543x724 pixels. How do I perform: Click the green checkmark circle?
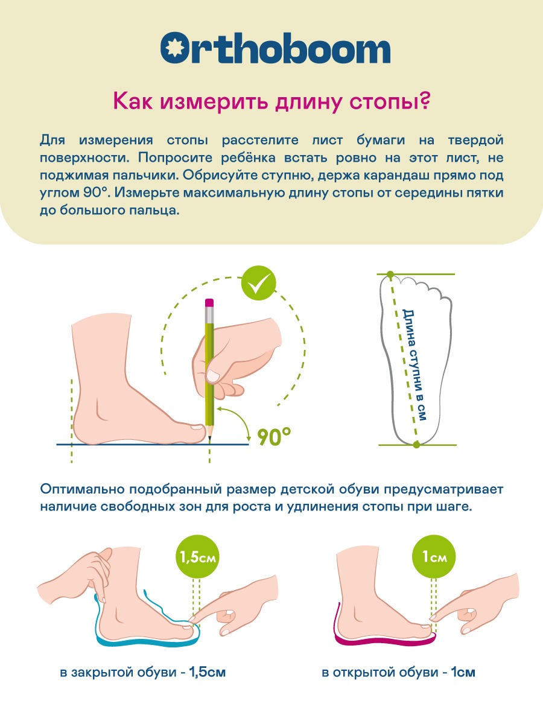point(258,283)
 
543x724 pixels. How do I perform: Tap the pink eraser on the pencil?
point(209,303)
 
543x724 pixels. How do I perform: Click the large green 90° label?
point(274,436)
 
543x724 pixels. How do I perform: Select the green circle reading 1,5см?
point(198,557)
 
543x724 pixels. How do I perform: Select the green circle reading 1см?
point(434,557)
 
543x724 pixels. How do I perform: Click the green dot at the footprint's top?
point(390,274)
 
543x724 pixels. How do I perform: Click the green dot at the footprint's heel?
point(416,445)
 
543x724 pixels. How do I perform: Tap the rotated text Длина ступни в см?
point(414,365)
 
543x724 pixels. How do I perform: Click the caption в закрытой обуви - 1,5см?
point(143,672)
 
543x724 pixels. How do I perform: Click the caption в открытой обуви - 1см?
point(398,672)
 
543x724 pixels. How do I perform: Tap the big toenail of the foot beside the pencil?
point(197,427)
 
